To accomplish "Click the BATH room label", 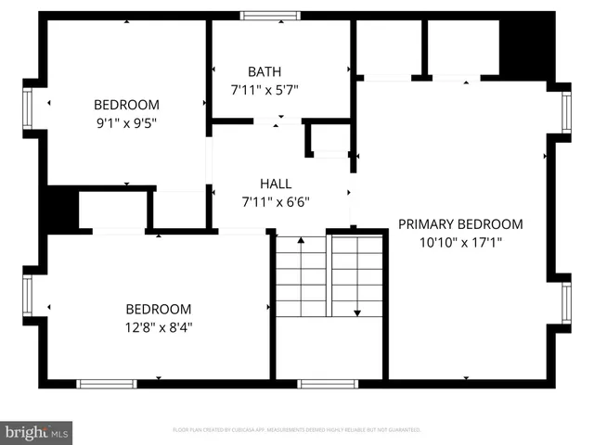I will pos(265,71).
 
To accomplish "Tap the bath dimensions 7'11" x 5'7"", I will pos(265,90).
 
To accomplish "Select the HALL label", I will pos(275,184).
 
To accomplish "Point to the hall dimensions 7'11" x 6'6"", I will pos(275,201).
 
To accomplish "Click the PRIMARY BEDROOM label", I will pos(460,224).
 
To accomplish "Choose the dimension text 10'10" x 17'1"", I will pos(460,242).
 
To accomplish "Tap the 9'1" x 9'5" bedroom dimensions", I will pos(126,122).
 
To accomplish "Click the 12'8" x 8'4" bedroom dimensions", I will pos(159,326).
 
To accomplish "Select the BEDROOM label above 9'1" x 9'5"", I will pos(126,105).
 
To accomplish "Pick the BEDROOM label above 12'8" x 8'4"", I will pos(159,309).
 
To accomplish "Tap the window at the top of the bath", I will pos(270,15).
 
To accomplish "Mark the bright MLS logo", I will pos(37,431).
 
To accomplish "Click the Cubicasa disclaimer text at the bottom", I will pos(297,430).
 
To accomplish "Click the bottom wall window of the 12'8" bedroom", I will pos(107,383).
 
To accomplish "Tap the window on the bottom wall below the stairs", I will pos(328,383).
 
